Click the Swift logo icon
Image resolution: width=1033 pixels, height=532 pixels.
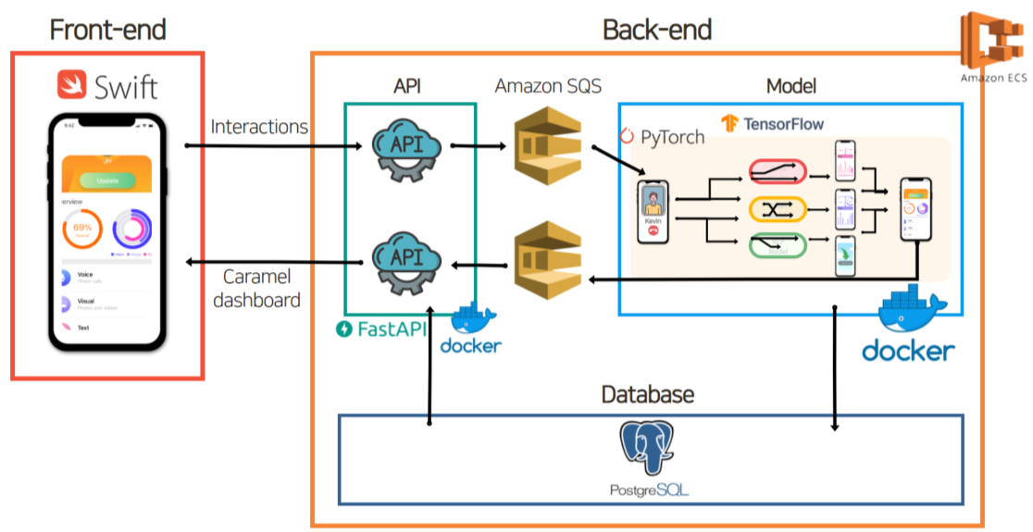click(x=73, y=85)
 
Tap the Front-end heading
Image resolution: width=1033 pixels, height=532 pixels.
click(x=107, y=30)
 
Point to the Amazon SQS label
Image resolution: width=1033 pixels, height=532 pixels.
click(x=548, y=86)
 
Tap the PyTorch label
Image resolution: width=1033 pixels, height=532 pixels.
click(x=662, y=137)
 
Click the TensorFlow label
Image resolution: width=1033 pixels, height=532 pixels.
click(x=773, y=122)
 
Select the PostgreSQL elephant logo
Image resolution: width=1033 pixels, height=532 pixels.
click(x=645, y=450)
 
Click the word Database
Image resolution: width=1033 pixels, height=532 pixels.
click(x=647, y=395)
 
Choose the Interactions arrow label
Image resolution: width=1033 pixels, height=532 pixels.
click(x=259, y=126)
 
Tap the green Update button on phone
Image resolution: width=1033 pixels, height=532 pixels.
click(x=106, y=179)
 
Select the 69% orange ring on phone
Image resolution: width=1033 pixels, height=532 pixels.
click(x=81, y=229)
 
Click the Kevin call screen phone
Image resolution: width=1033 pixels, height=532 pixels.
click(x=654, y=213)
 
